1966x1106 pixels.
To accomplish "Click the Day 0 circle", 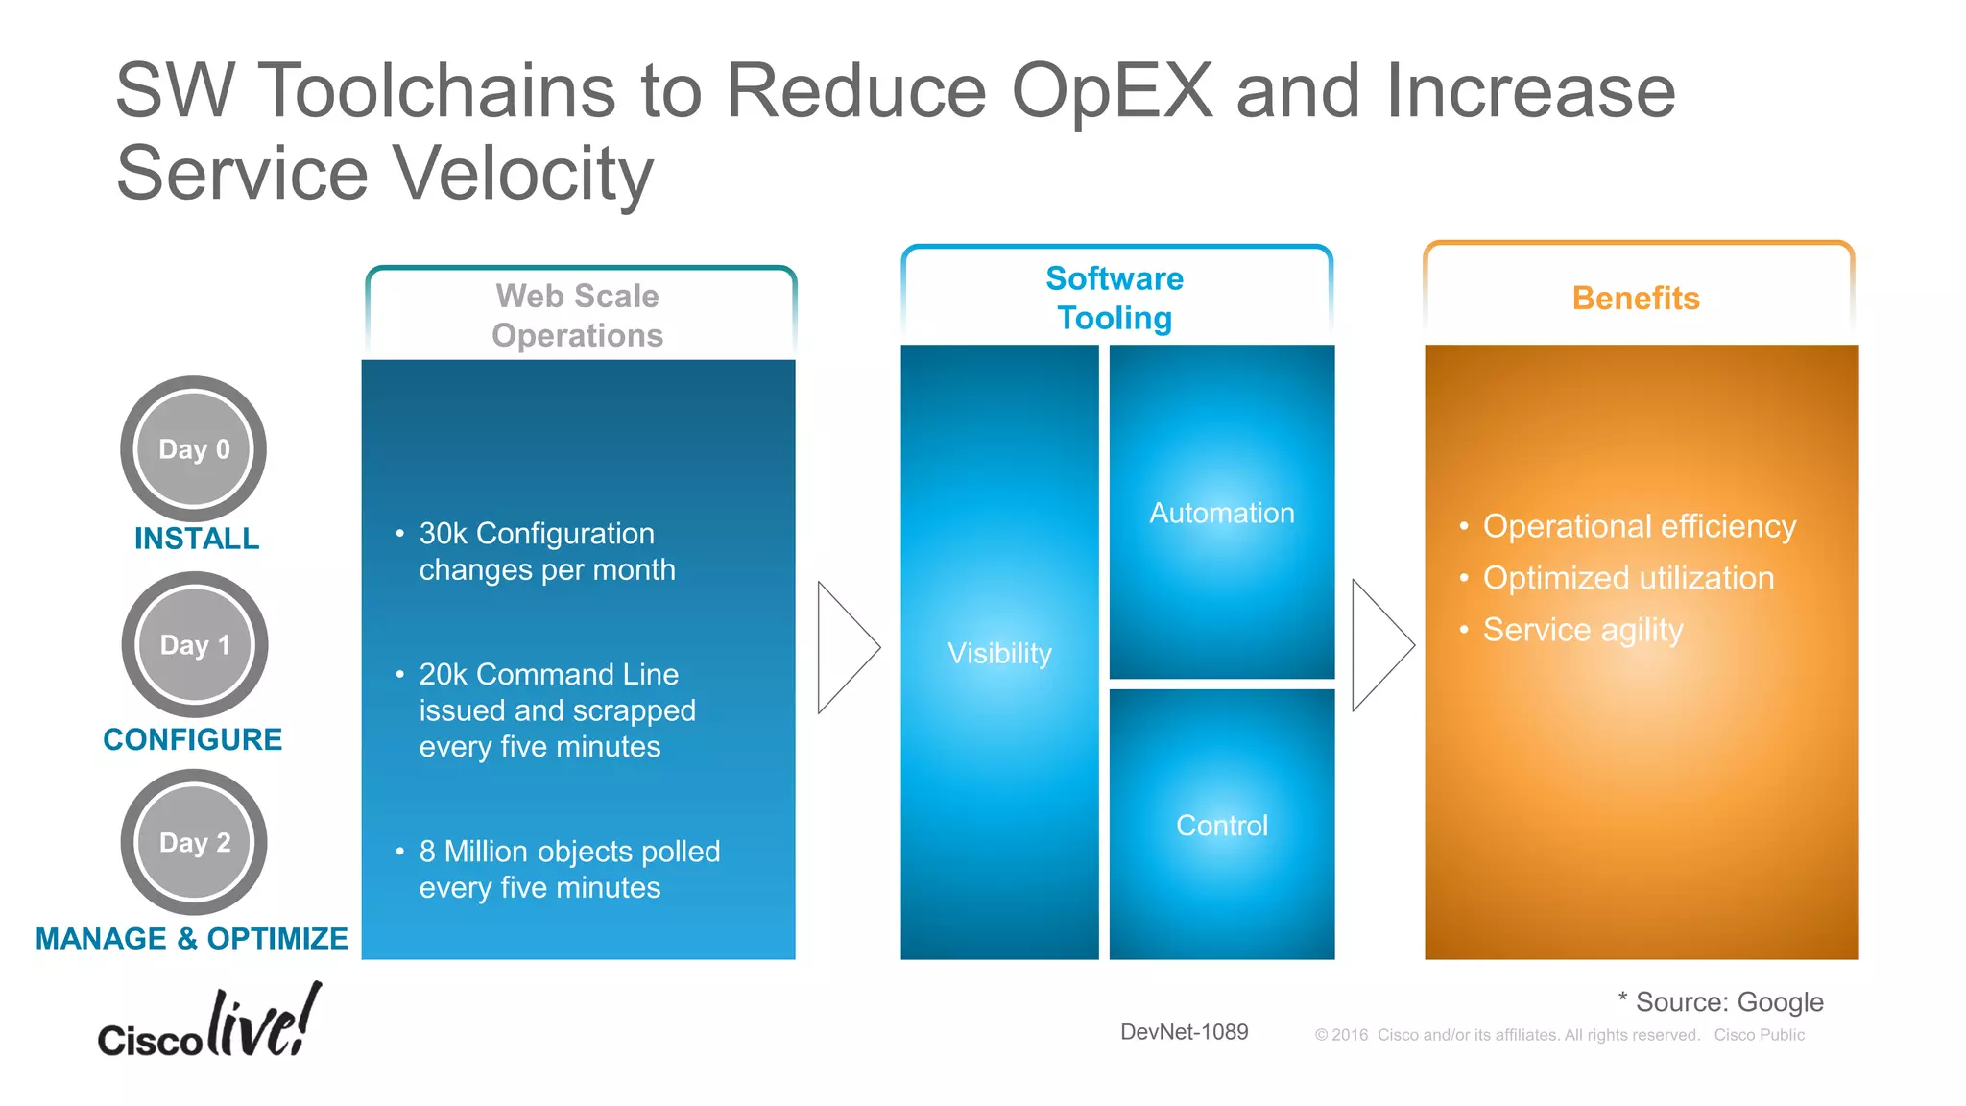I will click(194, 448).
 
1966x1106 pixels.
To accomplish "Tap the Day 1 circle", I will click(195, 644).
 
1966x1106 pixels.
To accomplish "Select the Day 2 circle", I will click(195, 842).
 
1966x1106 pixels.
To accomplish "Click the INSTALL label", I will click(197, 539).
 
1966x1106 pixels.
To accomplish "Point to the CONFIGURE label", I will click(193, 739).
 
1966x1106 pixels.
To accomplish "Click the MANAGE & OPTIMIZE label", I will click(192, 938).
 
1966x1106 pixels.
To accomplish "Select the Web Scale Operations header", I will click(578, 315).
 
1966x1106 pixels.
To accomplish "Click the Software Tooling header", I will click(1115, 298).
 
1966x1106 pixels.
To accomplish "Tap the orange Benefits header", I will click(1636, 299).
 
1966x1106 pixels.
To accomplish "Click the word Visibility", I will click(999, 653).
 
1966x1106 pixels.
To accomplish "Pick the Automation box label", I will click(1222, 513).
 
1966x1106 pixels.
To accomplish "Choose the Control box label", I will click(1222, 826).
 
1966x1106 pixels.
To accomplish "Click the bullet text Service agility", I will click(1583, 630).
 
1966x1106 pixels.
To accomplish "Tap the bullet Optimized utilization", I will click(1628, 578).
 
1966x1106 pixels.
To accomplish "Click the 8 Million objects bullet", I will click(568, 869).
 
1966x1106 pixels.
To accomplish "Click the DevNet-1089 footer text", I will click(1184, 1032).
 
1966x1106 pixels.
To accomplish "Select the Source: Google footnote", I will click(1720, 1001).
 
